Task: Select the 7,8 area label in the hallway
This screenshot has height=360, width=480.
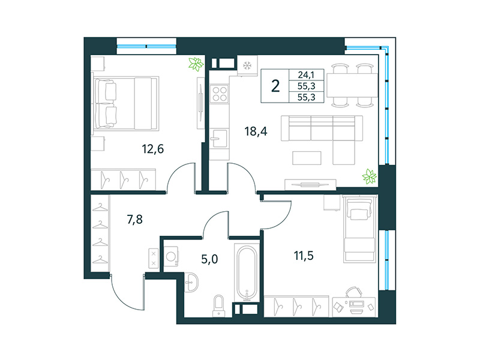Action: (x=135, y=220)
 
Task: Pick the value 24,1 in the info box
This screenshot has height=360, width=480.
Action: (x=306, y=75)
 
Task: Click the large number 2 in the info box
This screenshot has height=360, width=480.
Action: (x=275, y=85)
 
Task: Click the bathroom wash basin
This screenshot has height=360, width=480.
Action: (x=192, y=282)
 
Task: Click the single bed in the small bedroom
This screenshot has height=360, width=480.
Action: (x=359, y=229)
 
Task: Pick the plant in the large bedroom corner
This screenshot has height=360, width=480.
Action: (x=195, y=64)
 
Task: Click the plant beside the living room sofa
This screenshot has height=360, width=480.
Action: (x=370, y=176)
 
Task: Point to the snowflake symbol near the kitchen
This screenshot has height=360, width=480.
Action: (x=246, y=65)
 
